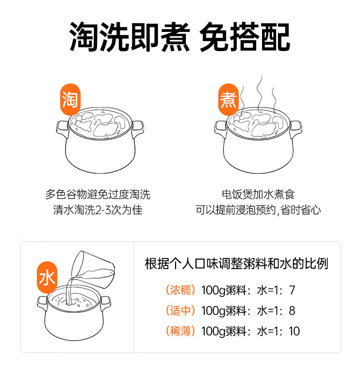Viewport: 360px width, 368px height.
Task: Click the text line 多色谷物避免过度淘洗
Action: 98,195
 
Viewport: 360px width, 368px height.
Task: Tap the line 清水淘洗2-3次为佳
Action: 98,210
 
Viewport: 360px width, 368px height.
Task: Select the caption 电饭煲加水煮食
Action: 258,195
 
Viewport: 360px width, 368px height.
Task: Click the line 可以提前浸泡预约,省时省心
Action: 258,210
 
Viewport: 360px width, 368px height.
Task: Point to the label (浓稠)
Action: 180,290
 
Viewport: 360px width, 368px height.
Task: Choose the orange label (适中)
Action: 180,311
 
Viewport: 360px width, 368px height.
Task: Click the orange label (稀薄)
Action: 180,331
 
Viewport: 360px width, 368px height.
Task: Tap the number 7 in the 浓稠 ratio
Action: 292,290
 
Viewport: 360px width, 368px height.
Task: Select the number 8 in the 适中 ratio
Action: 292,311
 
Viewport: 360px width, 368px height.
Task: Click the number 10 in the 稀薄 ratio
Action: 294,331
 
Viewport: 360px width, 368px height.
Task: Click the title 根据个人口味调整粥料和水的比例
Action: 237,264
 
